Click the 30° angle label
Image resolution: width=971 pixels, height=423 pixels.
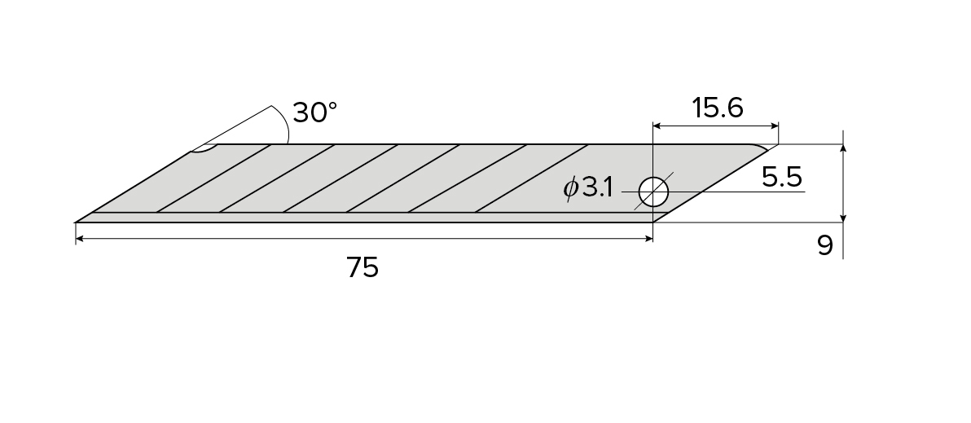[x=314, y=112]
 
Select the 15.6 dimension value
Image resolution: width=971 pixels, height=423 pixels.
[x=717, y=108]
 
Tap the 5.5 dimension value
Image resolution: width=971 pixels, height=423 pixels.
[x=783, y=177]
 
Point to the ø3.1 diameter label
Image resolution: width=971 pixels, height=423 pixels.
[x=588, y=188]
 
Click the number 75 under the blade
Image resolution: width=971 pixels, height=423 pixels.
[x=362, y=267]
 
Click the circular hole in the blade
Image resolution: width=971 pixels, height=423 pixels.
[x=653, y=192]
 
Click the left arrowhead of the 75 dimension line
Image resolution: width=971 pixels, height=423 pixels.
[x=80, y=239]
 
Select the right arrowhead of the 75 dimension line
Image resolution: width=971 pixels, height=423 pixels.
[x=648, y=239]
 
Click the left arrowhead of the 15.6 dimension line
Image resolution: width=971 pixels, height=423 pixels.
[x=657, y=126]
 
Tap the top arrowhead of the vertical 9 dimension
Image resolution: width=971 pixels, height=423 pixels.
[x=843, y=149]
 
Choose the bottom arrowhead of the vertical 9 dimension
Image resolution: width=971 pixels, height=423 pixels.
[x=843, y=217]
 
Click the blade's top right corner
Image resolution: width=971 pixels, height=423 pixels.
[x=776, y=145]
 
